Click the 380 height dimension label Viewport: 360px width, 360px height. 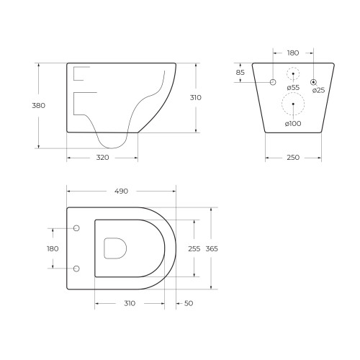click(39, 106)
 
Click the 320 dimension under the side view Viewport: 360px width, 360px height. click(102, 158)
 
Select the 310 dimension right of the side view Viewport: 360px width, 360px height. click(196, 98)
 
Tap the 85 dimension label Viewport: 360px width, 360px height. click(240, 72)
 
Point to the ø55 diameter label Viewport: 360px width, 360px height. click(293, 88)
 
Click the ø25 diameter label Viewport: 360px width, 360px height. click(318, 90)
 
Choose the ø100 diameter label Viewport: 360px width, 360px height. click(293, 124)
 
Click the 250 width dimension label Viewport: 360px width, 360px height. click(293, 158)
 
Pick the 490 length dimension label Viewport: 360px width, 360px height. click(121, 192)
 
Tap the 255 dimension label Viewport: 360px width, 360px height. click(194, 249)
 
